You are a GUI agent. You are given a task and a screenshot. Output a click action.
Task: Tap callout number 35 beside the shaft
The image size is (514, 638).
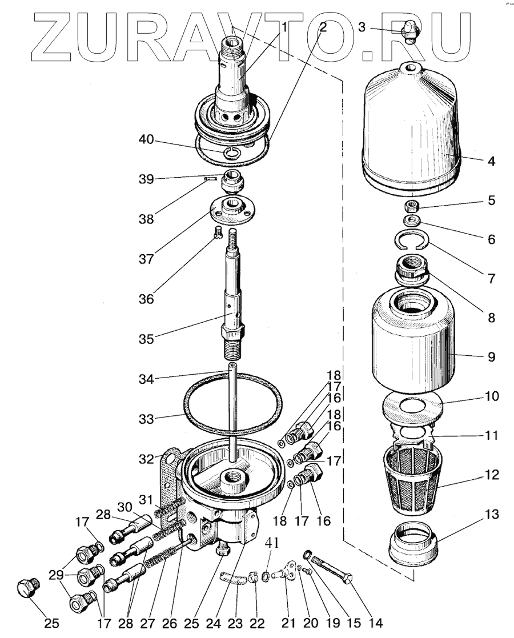[x=146, y=338]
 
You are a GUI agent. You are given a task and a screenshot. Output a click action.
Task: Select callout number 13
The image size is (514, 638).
[x=491, y=514]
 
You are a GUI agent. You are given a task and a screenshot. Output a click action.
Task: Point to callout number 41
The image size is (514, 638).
[x=274, y=543]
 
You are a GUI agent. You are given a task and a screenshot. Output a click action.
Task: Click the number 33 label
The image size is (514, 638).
[x=146, y=419]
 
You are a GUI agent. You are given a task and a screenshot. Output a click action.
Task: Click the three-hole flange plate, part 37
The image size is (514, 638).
[x=231, y=208]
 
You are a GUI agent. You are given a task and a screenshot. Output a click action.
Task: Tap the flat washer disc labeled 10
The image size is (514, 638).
[x=413, y=407]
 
